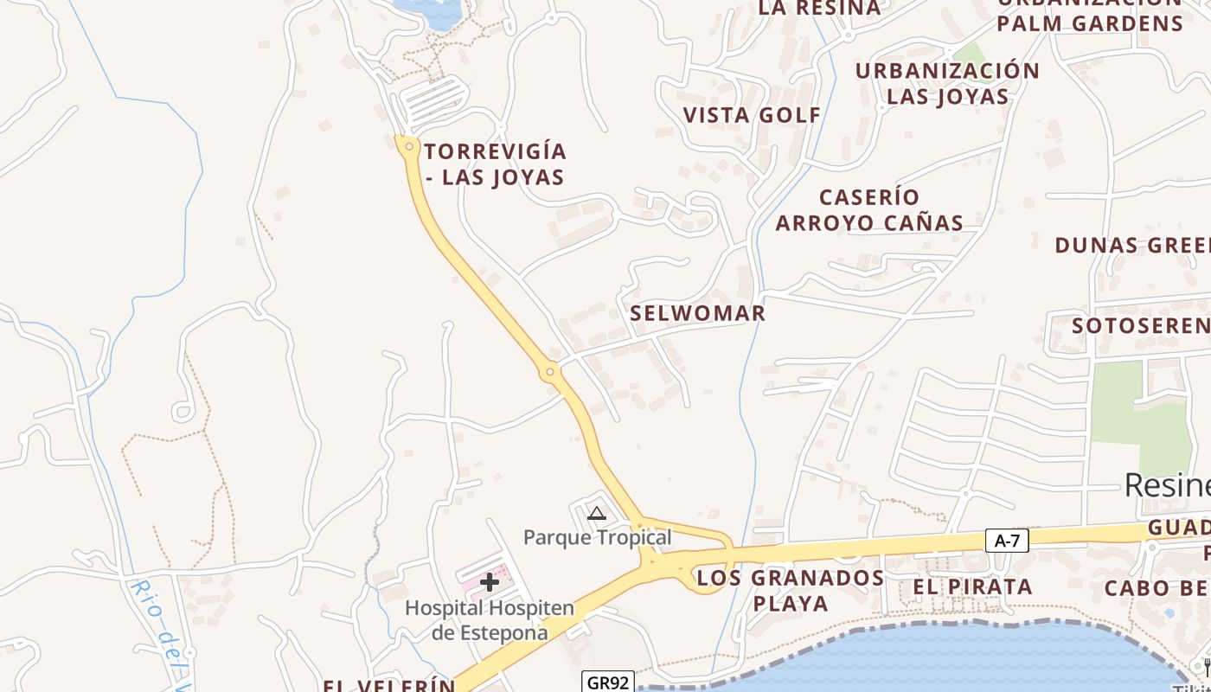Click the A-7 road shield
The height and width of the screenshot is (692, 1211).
pos(1007,541)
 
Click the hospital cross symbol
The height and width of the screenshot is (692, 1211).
pos(490,582)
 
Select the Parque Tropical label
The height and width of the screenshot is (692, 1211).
pos(597,537)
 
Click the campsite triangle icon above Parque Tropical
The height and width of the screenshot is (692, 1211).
pos(596,514)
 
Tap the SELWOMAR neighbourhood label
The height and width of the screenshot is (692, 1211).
pos(697,313)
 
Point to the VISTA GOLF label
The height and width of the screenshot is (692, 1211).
pos(752,115)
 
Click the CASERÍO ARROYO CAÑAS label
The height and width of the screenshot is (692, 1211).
pos(869,210)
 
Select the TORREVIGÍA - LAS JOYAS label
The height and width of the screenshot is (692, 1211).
pos(495,164)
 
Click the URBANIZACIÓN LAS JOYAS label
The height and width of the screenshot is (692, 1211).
pos(947,83)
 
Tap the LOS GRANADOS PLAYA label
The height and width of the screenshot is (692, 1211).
pos(791,590)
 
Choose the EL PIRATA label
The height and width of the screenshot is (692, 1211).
pos(972,586)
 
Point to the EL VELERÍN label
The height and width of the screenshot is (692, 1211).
pos(389,685)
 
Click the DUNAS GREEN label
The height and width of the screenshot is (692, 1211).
pos(1132,245)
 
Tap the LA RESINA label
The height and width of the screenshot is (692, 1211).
pos(819,9)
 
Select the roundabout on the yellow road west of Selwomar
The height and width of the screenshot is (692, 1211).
pos(549,373)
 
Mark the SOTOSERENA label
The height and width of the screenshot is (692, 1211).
pos(1141,326)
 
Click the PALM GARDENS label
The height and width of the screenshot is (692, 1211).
pos(1090,22)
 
